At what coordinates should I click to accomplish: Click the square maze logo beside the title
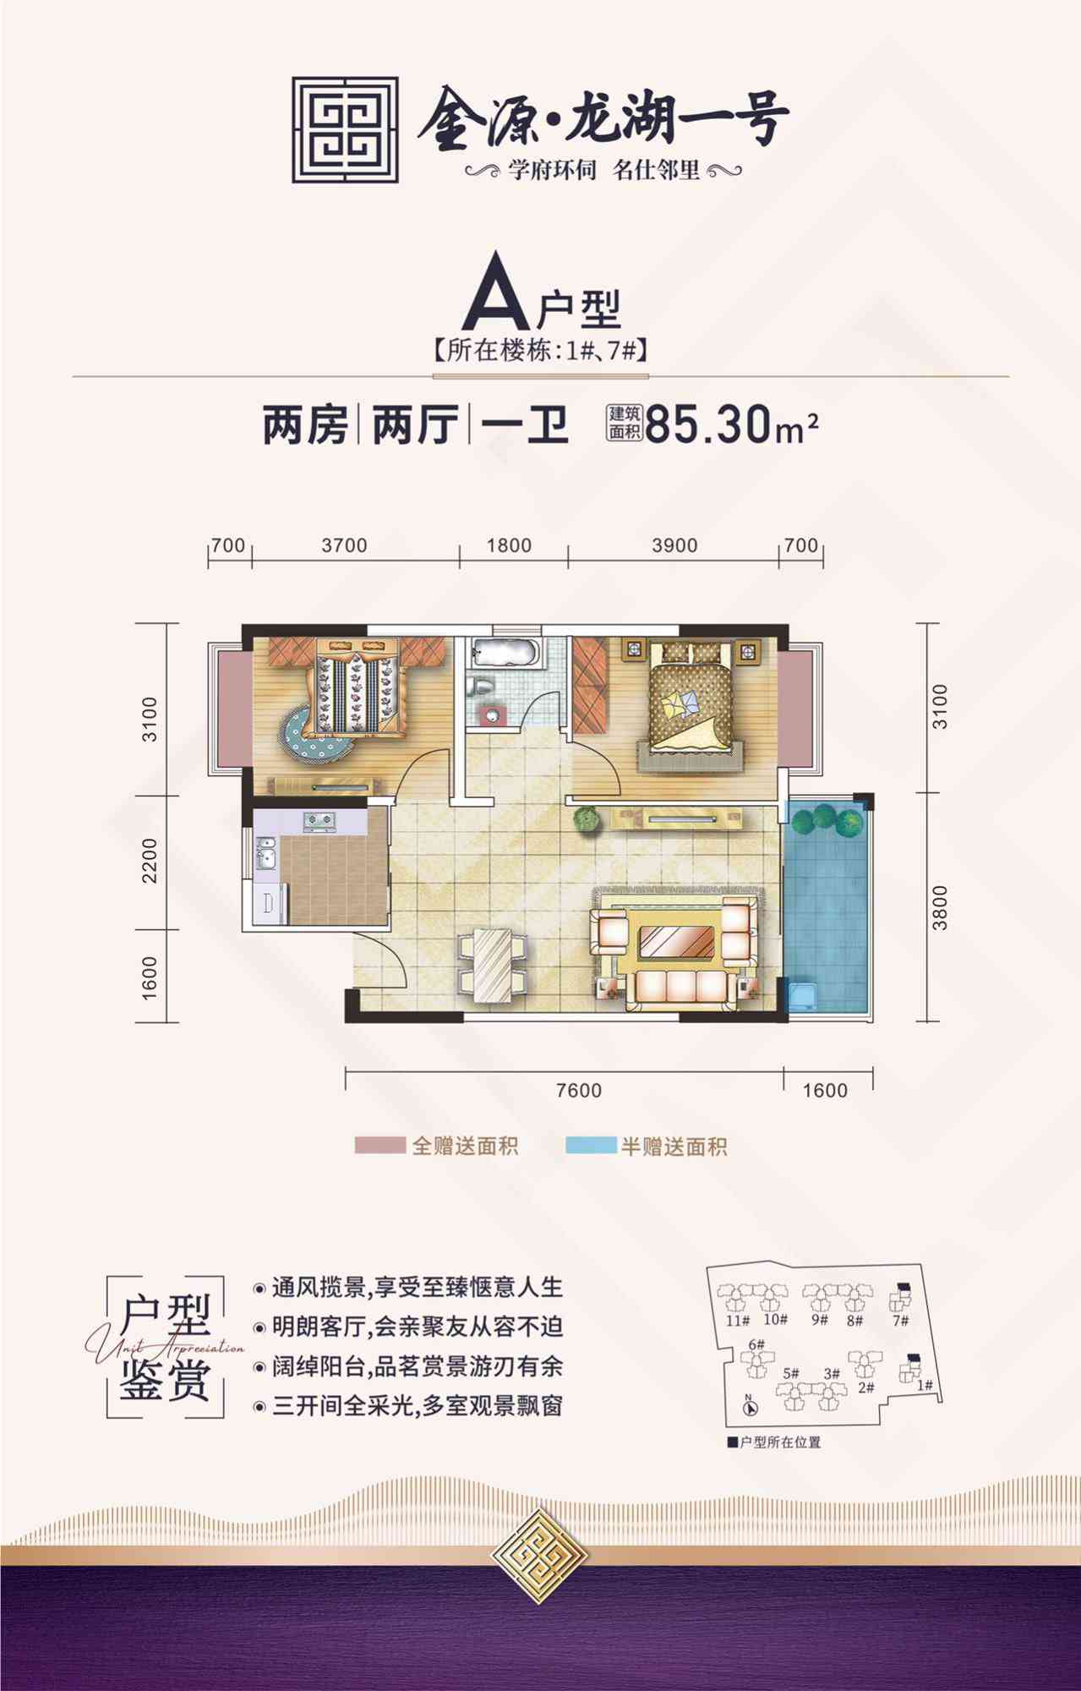(x=345, y=130)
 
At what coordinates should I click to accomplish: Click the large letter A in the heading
(x=496, y=295)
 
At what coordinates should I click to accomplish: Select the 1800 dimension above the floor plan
(x=509, y=545)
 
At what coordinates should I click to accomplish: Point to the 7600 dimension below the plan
(x=579, y=1091)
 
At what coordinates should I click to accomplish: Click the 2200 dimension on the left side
(x=150, y=861)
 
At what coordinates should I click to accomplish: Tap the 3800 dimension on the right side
(x=940, y=908)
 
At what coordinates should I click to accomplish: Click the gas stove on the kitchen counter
(x=319, y=820)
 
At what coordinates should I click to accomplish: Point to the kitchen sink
(x=265, y=853)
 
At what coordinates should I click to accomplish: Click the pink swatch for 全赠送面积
(x=379, y=1146)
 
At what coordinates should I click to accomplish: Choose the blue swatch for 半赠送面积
(x=591, y=1146)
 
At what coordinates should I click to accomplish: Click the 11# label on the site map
(x=737, y=1320)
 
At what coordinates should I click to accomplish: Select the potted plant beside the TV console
(x=586, y=819)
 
